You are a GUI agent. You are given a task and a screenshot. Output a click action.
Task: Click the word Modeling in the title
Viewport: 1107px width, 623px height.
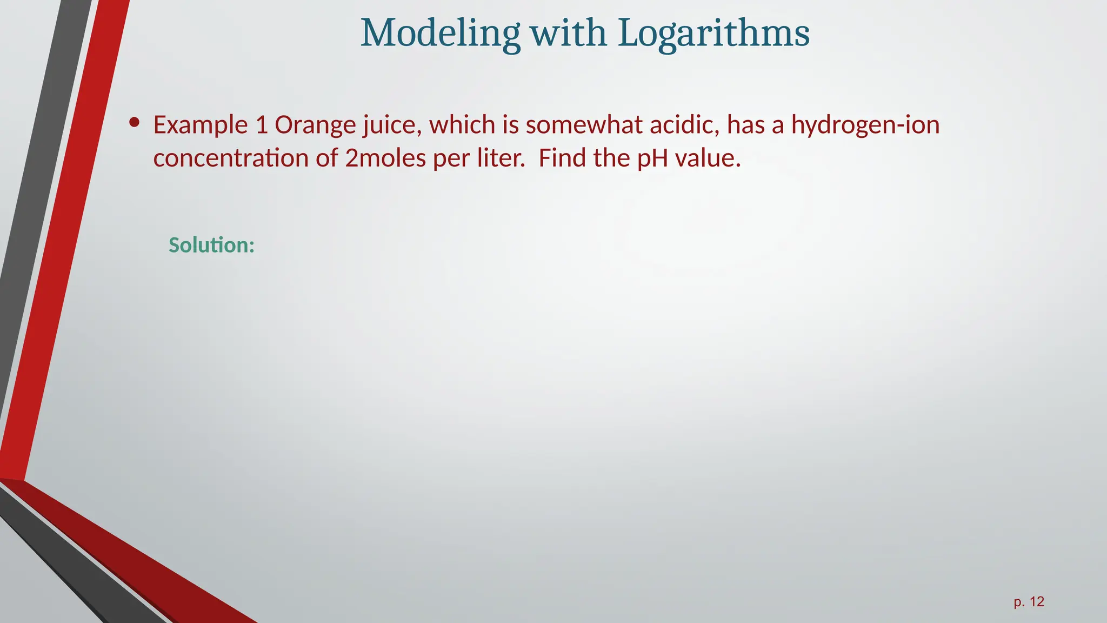coord(440,34)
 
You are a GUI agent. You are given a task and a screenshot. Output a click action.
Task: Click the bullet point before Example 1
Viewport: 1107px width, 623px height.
coord(135,123)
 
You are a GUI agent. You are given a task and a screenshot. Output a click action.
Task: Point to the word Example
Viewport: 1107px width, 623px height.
coord(201,125)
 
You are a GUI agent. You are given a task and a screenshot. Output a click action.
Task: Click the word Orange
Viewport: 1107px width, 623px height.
coord(315,125)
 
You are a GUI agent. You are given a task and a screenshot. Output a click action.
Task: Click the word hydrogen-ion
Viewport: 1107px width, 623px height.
coord(865,125)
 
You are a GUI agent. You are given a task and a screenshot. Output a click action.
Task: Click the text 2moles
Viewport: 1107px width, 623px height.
coord(385,158)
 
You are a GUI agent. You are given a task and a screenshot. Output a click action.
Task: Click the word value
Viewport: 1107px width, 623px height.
coord(708,158)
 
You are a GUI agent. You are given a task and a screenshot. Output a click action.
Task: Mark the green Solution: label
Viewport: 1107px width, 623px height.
coord(211,246)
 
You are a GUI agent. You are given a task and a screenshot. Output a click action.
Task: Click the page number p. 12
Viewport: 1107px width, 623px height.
coord(1029,602)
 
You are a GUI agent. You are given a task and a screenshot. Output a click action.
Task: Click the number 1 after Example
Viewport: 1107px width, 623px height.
coord(262,125)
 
